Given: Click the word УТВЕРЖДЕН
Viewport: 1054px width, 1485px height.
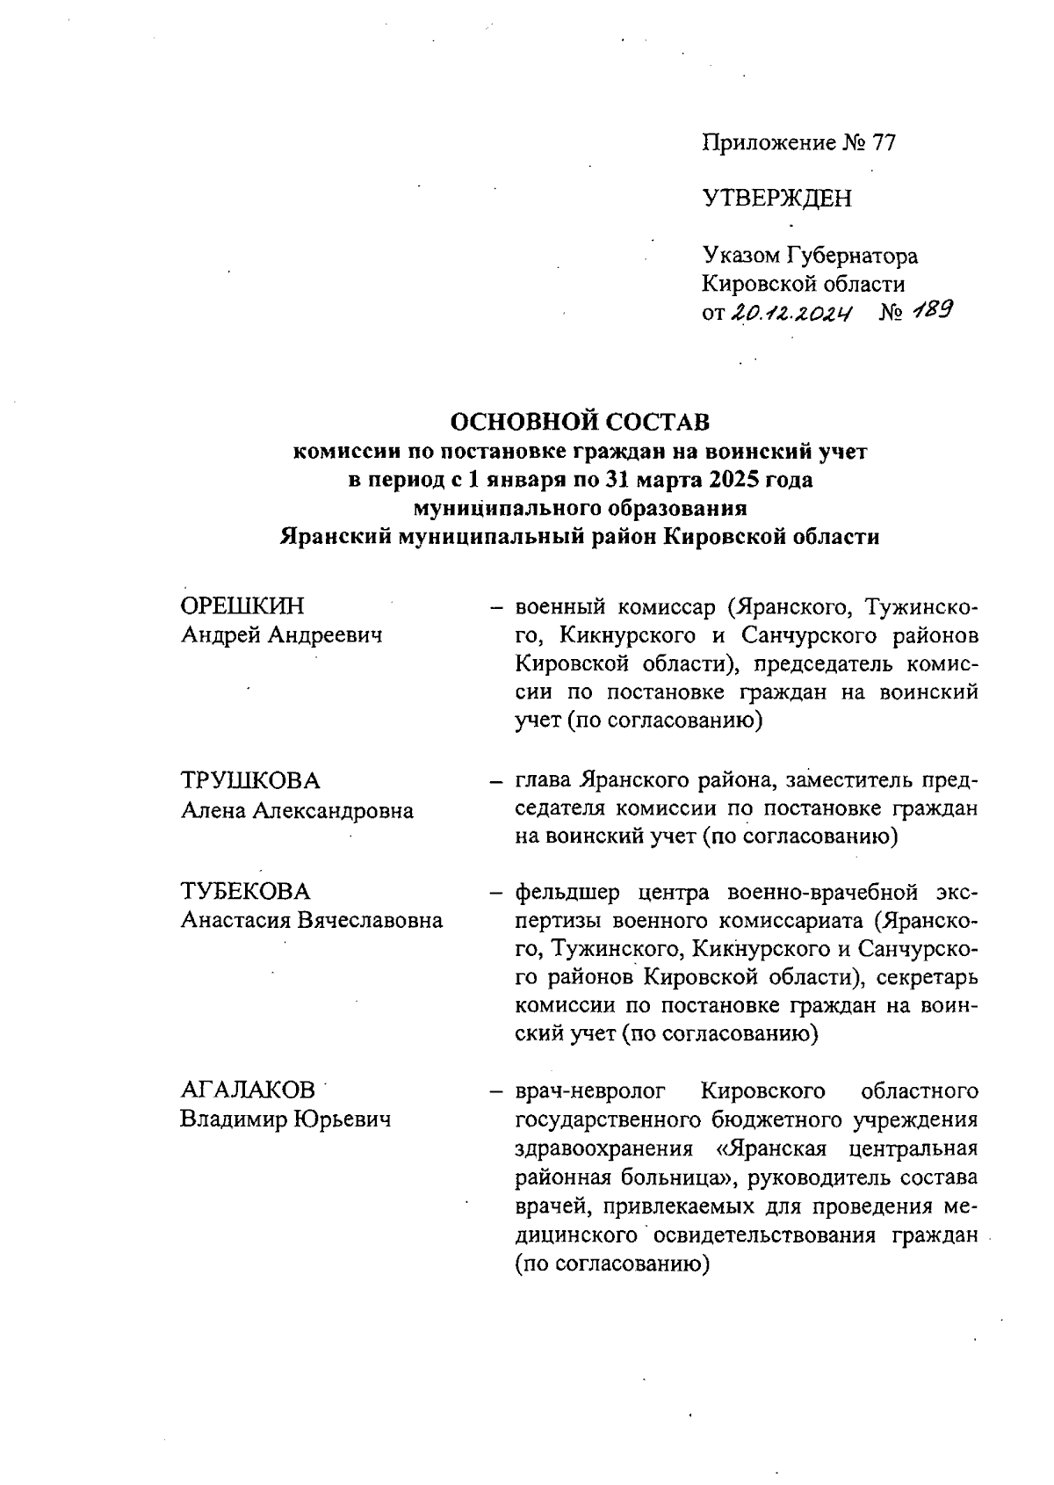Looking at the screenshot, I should (776, 199).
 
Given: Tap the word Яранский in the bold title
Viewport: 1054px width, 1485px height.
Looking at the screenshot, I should (335, 537).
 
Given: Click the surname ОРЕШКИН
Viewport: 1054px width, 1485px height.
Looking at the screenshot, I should (242, 606).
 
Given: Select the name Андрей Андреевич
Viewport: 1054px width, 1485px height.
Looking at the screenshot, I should (281, 635).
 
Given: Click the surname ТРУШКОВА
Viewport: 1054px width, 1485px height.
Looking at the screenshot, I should (250, 781).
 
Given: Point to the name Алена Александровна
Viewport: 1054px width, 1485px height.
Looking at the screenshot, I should (297, 810).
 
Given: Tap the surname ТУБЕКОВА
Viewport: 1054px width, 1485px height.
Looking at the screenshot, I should (245, 892).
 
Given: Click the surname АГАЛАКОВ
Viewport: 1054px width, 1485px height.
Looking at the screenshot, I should (248, 1090).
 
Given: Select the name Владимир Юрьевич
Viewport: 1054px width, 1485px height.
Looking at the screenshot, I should (285, 1119).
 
